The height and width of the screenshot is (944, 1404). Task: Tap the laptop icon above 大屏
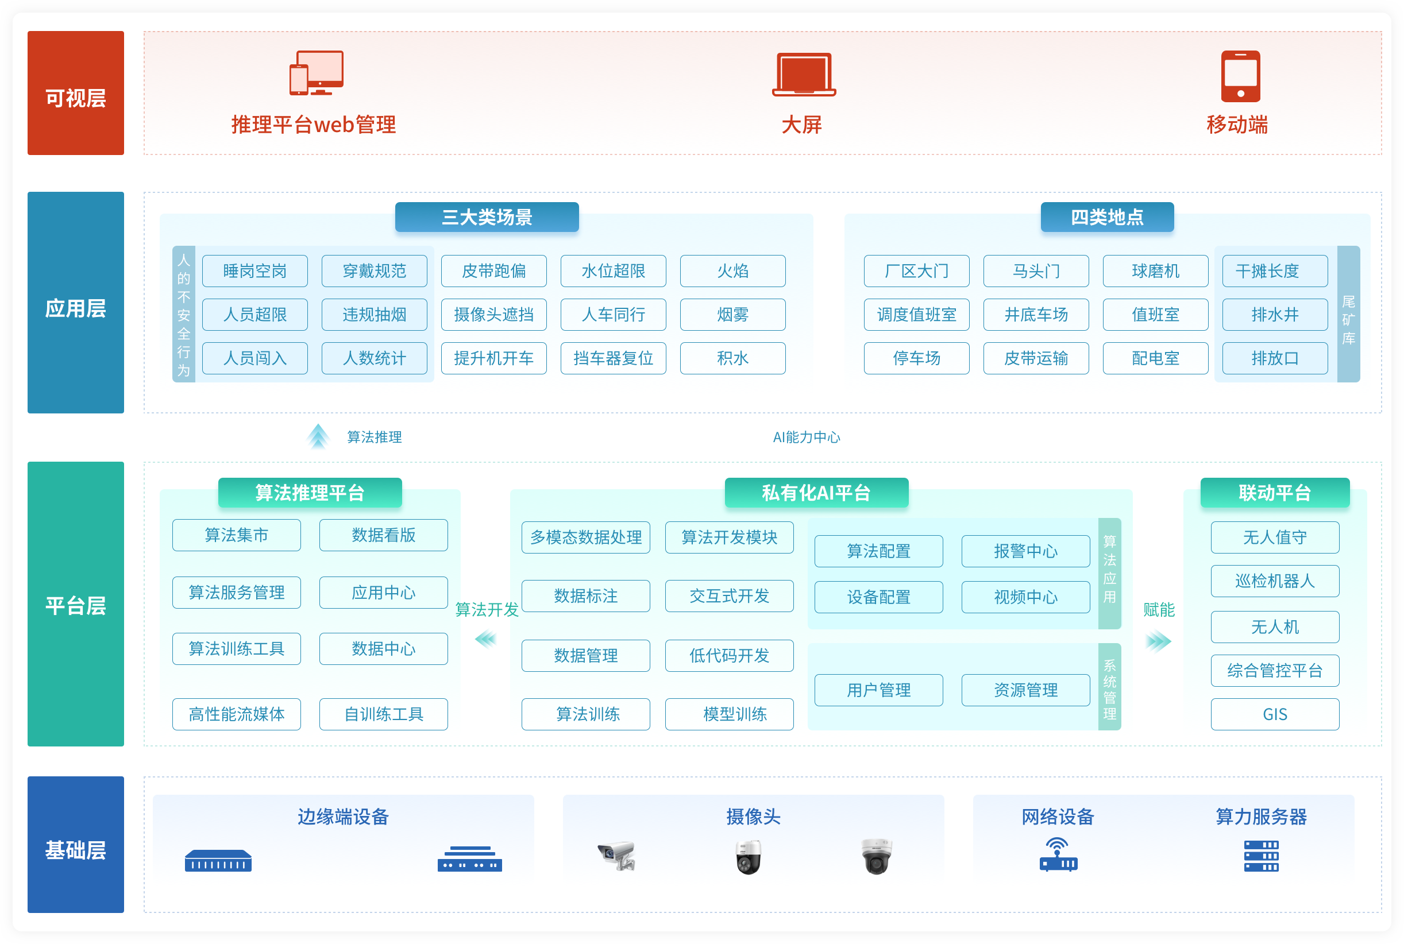[x=804, y=75]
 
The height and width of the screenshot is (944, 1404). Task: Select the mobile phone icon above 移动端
[x=1240, y=76]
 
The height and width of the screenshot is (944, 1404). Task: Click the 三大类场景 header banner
[x=486, y=217]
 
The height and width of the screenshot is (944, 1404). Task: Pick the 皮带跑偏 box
[x=493, y=271]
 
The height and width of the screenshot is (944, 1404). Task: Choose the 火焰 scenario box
[x=732, y=271]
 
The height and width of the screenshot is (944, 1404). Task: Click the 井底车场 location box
[x=1035, y=314]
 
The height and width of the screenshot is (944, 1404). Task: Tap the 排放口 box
[x=1274, y=358]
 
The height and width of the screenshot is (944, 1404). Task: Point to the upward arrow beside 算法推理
[x=318, y=436]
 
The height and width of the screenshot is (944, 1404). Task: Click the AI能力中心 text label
[x=806, y=437]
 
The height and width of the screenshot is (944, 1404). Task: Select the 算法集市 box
[x=236, y=535]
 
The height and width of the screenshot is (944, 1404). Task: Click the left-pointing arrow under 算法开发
[x=485, y=639]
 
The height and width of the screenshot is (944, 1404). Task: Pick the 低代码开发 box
[x=729, y=655]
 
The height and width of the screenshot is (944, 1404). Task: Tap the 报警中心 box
[x=1025, y=551]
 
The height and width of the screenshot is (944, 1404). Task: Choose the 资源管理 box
[x=1025, y=690]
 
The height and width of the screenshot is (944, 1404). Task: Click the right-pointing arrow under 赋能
[x=1158, y=641]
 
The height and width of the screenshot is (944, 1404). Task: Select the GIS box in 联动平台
[x=1275, y=714]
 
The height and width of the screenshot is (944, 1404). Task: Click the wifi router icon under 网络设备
[x=1058, y=855]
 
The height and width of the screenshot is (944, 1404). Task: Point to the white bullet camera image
[x=617, y=855]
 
